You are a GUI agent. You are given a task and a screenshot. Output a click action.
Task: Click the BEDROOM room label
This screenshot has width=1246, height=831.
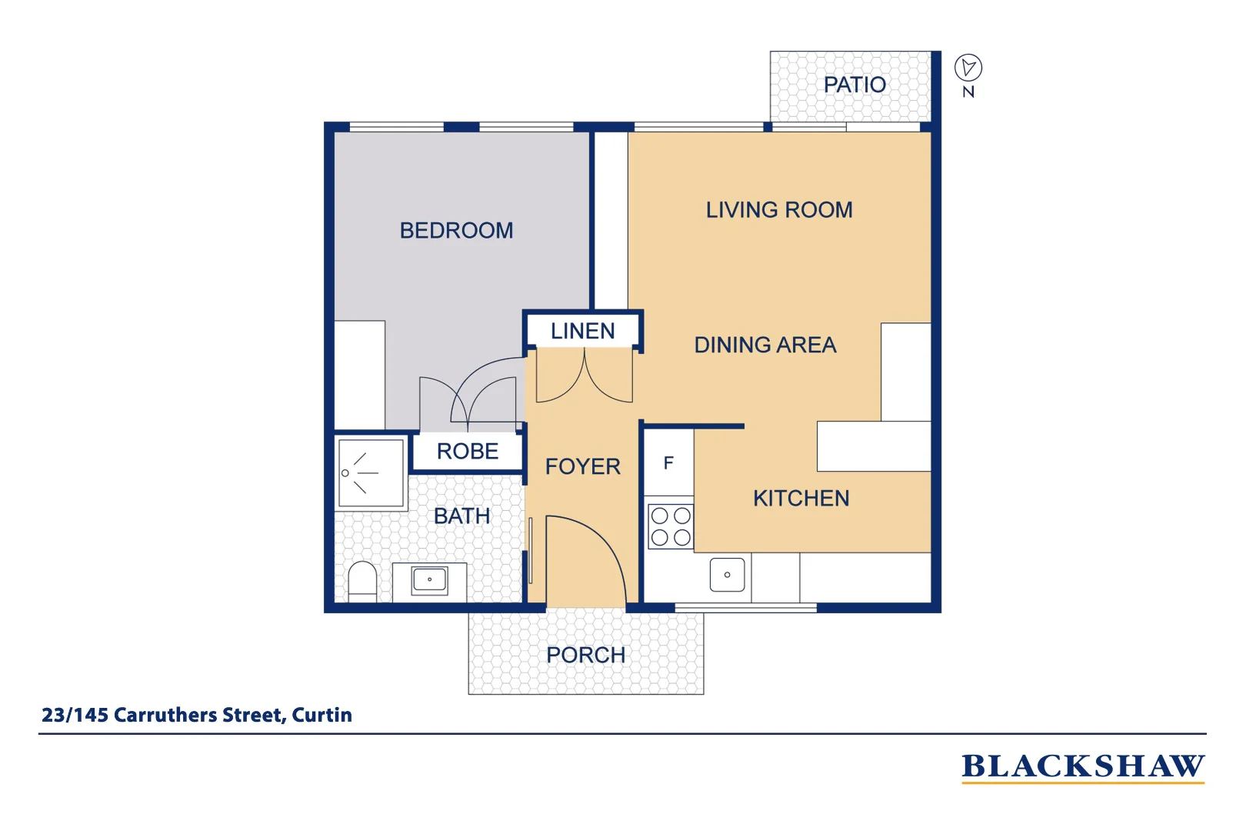[x=456, y=230]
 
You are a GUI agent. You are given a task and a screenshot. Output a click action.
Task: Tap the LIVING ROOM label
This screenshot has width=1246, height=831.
[x=779, y=210]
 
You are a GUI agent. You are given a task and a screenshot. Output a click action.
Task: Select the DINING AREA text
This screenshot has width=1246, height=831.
[x=765, y=345]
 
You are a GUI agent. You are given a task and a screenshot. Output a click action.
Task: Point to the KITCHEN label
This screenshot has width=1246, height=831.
[x=801, y=498]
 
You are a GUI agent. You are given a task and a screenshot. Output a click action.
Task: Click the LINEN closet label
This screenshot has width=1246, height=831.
[x=582, y=331]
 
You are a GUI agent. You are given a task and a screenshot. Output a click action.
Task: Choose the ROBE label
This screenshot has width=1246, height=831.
[x=468, y=451]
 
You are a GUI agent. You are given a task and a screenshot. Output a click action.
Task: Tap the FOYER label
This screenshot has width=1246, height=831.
[x=582, y=466]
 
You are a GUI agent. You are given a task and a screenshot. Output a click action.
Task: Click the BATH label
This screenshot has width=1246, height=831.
[x=461, y=516]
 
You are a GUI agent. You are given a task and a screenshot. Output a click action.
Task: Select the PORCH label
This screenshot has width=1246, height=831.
[x=585, y=655]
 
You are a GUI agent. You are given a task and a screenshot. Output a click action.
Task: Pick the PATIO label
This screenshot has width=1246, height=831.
[x=854, y=85]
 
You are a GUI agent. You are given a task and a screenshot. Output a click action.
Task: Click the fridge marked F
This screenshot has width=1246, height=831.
[x=668, y=463]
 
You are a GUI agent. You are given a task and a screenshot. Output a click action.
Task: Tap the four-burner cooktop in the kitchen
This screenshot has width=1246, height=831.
[x=671, y=526]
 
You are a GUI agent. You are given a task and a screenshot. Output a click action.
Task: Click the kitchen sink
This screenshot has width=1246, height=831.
[x=727, y=575]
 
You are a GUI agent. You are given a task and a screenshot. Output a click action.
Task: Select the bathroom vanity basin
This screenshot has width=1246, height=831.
[x=429, y=579]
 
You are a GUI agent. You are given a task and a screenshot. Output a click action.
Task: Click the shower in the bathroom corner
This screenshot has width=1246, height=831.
[x=371, y=472]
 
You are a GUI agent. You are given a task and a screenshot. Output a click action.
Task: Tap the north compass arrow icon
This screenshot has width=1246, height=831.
[x=968, y=68]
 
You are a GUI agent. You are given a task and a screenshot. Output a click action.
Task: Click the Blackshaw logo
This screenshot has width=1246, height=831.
[x=1082, y=767]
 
